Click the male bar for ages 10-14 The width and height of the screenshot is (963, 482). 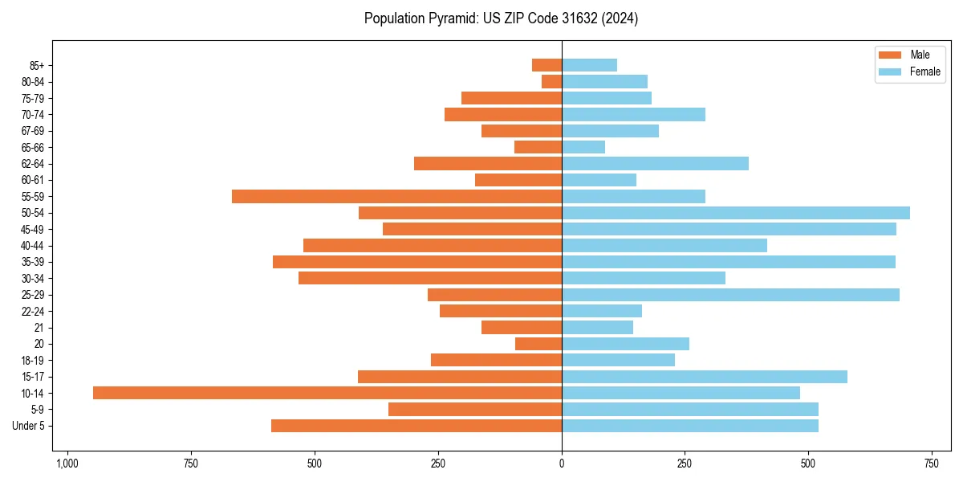tap(327, 393)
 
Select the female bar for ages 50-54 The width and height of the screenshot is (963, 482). tap(736, 213)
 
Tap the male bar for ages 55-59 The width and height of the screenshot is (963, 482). tap(396, 197)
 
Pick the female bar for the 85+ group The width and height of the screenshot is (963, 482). tap(589, 65)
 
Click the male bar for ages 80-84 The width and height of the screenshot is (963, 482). tap(551, 82)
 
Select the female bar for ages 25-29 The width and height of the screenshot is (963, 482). tap(730, 295)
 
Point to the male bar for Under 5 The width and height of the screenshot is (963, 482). tap(416, 426)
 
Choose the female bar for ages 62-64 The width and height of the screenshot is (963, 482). tap(655, 164)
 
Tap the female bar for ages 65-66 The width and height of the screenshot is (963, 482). tap(583, 147)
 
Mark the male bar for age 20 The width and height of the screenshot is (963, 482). tap(538, 344)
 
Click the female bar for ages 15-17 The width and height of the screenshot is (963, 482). tap(705, 377)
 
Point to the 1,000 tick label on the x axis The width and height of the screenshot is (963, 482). tap(67, 464)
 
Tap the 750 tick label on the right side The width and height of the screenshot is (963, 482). tap(932, 464)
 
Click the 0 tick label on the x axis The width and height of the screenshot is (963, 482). tap(562, 464)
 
